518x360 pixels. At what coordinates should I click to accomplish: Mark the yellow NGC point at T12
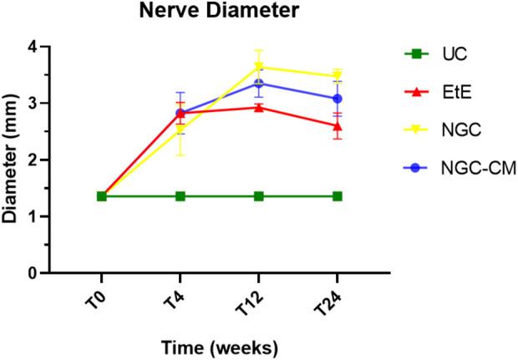[259, 67]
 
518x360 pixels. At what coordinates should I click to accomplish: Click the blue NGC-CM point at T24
[338, 99]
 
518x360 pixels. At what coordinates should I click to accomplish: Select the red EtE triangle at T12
[259, 107]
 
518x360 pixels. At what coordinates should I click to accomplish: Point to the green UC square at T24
[338, 196]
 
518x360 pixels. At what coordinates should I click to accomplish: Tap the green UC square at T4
[180, 196]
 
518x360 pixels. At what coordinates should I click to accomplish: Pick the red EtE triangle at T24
[338, 126]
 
